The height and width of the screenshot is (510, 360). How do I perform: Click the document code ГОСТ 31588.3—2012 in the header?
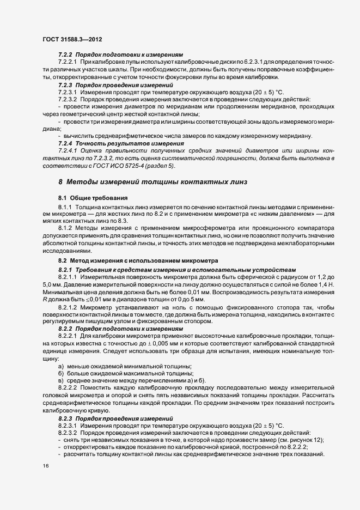pyautogui.click(x=72, y=40)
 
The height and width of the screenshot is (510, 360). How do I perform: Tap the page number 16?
pyautogui.click(x=45, y=466)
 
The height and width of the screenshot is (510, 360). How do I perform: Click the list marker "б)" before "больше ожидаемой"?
pyautogui.click(x=61, y=373)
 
